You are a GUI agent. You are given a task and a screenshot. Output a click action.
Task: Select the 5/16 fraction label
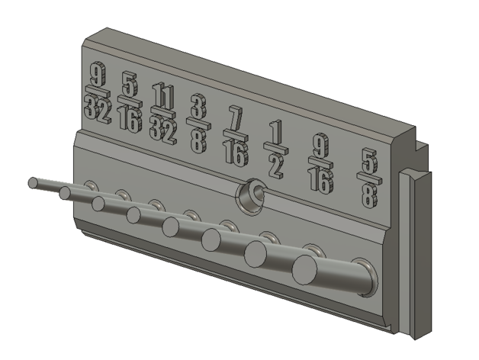coord(130,102)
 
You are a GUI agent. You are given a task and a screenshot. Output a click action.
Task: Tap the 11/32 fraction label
coord(163,114)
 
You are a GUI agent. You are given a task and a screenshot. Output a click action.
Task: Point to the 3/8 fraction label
coord(199,124)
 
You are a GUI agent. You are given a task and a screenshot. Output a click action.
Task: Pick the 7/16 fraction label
coord(236,137)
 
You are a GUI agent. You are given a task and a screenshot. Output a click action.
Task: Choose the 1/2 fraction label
coord(276,149)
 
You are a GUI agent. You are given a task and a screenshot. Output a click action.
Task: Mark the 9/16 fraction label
coord(320,163)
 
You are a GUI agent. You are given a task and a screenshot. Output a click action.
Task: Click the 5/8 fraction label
coord(370,178)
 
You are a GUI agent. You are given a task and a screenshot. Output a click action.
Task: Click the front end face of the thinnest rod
coord(33,183)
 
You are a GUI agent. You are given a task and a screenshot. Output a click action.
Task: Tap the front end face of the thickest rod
coord(304,270)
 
